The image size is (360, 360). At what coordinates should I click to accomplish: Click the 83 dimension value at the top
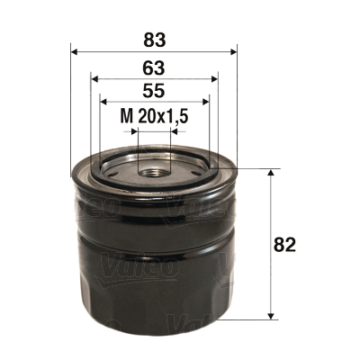(x=153, y=39)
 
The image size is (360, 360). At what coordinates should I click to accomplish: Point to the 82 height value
(x=287, y=244)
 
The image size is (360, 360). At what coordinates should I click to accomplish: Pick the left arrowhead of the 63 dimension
(x=94, y=77)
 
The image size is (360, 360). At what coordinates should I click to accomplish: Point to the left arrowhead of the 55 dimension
(x=103, y=103)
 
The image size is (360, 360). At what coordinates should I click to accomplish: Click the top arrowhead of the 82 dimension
(x=270, y=173)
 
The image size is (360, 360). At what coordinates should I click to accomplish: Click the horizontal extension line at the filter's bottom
(x=252, y=319)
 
